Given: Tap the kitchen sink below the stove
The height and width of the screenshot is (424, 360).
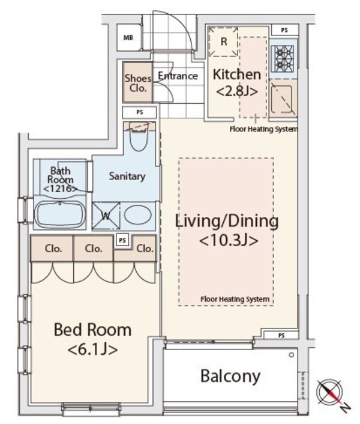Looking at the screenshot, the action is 281,99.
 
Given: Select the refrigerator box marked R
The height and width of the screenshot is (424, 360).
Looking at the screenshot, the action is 224,41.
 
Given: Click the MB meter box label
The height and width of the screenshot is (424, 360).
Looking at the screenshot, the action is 128,38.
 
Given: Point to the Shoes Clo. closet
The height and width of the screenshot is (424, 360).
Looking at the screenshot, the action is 137,82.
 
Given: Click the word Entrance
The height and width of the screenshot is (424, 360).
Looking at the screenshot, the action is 178,76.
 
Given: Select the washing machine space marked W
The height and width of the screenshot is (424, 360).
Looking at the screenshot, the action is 106,216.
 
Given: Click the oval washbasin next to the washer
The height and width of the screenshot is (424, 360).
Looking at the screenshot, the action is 137,215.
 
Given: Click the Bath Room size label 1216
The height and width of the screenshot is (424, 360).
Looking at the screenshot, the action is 60,189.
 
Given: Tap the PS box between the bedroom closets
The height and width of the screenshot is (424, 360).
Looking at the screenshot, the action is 122,240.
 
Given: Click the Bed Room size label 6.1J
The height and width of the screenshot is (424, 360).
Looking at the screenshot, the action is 92,350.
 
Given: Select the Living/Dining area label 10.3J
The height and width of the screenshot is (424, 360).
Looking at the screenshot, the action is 228,240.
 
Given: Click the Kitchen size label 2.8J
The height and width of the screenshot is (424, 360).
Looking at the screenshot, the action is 237,92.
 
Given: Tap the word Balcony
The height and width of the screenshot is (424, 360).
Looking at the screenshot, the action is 230,376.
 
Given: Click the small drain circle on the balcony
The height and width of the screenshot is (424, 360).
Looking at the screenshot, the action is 291,355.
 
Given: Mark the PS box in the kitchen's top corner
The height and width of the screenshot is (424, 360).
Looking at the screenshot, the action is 284,30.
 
